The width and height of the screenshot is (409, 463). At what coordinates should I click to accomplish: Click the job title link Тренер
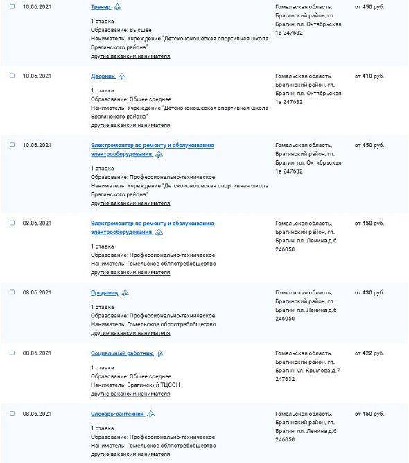[x=101, y=6]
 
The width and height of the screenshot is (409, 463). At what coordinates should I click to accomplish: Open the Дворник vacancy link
[x=103, y=76]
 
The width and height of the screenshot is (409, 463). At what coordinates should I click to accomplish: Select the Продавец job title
[x=104, y=292]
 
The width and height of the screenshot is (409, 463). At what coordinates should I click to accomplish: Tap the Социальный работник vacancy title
[x=121, y=353]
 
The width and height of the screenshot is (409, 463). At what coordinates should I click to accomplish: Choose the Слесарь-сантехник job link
[x=117, y=413]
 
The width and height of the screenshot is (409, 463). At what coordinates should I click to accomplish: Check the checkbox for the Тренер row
[x=12, y=6]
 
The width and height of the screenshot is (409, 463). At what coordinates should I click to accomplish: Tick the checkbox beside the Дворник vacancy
[x=12, y=76]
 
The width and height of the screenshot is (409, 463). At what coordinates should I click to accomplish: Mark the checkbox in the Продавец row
[x=12, y=292]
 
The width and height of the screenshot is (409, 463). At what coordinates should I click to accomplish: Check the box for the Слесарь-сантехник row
[x=12, y=413]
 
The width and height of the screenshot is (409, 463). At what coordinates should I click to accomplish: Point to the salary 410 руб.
[x=369, y=76]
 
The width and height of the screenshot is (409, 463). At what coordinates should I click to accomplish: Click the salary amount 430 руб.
[x=369, y=292]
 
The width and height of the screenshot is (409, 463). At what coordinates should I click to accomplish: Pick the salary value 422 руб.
[x=369, y=353]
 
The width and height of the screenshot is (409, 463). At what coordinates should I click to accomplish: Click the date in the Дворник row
[x=37, y=76]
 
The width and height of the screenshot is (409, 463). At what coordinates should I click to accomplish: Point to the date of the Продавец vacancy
[x=37, y=292]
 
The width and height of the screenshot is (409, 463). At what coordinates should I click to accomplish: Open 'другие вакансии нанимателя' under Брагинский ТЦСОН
[x=130, y=394]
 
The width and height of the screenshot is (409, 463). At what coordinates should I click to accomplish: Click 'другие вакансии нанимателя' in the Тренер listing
[x=130, y=56]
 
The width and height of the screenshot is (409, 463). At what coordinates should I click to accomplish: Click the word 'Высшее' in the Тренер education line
[x=139, y=30]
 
